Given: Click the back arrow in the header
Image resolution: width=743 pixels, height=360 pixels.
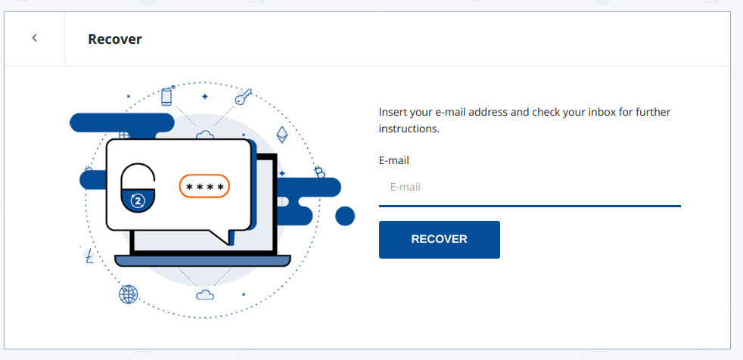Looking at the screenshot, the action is pyautogui.click(x=35, y=39).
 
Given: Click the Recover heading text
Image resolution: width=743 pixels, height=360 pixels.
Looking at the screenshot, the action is pyautogui.click(x=115, y=39).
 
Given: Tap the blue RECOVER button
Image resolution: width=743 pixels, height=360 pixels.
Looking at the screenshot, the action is pyautogui.click(x=439, y=239).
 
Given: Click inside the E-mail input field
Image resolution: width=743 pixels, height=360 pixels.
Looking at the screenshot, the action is pyautogui.click(x=530, y=187).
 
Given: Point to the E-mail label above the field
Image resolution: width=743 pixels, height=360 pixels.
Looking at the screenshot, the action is pyautogui.click(x=394, y=160).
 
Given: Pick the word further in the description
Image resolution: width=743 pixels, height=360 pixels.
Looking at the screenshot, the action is pyautogui.click(x=651, y=112).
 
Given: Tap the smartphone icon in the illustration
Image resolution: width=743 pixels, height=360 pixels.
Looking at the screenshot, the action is pyautogui.click(x=167, y=97).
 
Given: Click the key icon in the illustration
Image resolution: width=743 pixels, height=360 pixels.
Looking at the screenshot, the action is pyautogui.click(x=243, y=98).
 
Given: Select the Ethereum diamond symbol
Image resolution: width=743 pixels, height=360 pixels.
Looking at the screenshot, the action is pyautogui.click(x=282, y=135).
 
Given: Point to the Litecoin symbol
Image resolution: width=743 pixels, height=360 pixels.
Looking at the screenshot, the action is pyautogui.click(x=90, y=256).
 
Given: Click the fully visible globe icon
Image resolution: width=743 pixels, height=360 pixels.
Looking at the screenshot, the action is pyautogui.click(x=129, y=294).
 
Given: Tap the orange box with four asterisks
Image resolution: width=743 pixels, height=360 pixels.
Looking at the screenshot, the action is pyautogui.click(x=204, y=186).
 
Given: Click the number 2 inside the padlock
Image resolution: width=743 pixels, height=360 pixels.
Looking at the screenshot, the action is pyautogui.click(x=138, y=200).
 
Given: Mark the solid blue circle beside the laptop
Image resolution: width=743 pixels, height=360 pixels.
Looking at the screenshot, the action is pyautogui.click(x=345, y=216).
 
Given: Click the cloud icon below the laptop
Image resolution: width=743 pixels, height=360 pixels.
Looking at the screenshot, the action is pyautogui.click(x=205, y=294).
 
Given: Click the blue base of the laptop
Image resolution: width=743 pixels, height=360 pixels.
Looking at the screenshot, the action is pyautogui.click(x=203, y=261).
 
